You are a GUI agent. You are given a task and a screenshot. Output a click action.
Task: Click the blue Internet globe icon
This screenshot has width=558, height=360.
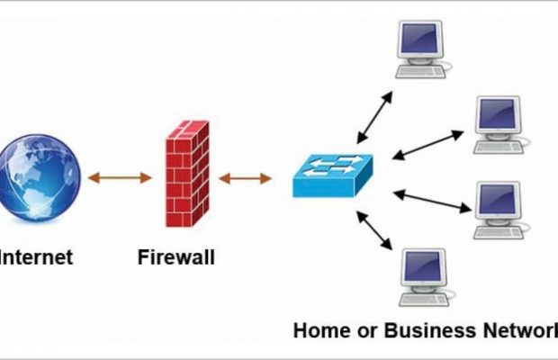40,177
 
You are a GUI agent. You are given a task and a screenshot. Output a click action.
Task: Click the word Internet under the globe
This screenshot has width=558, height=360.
37,257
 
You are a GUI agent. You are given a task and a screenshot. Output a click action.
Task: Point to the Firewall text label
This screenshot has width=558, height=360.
176,257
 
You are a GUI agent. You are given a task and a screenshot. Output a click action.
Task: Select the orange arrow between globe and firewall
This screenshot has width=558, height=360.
120,177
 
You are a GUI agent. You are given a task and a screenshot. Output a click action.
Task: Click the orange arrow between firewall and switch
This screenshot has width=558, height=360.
245,178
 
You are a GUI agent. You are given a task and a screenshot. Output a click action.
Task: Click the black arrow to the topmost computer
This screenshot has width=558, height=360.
374,116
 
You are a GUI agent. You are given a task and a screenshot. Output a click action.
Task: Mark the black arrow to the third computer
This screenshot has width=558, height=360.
431,201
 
